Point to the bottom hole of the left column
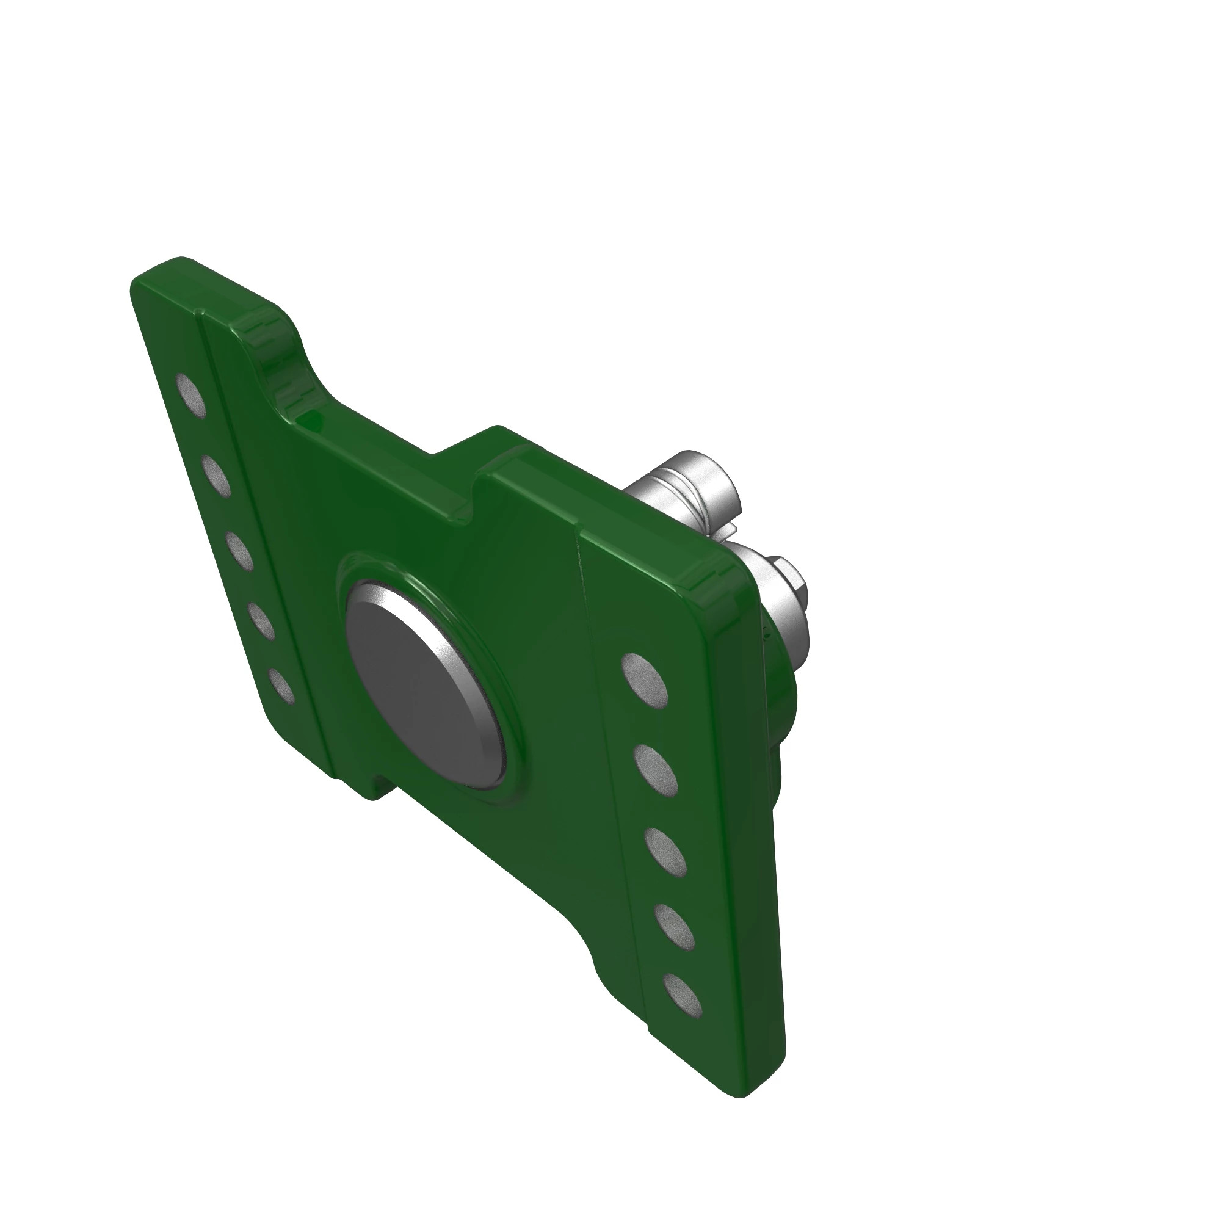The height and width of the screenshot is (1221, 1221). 281,686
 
